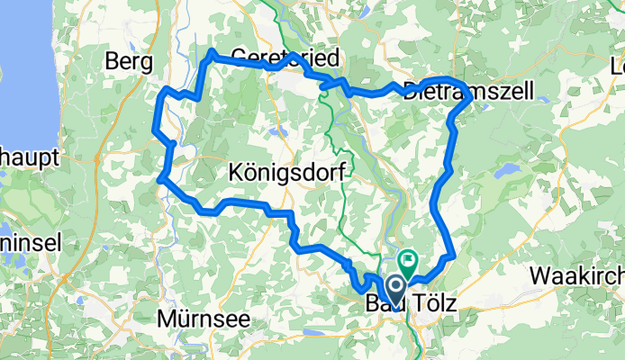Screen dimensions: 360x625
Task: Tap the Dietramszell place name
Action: [468, 90]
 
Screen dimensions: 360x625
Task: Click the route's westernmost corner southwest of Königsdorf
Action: [159, 179]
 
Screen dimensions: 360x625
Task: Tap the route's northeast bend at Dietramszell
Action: [467, 95]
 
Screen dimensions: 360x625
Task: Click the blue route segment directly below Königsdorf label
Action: [270, 210]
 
